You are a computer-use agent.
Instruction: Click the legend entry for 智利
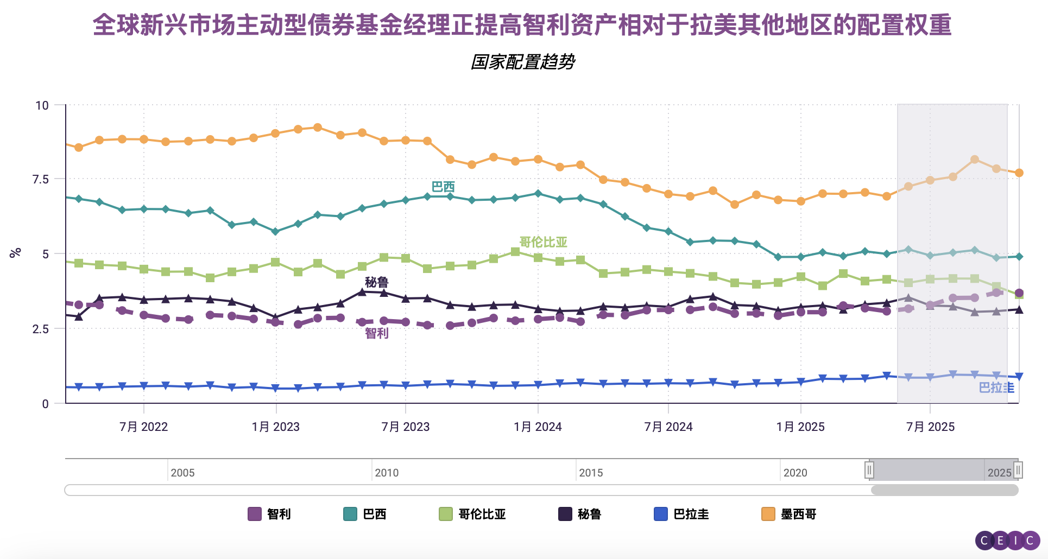tap(270, 514)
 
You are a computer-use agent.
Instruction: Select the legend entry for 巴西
tap(365, 514)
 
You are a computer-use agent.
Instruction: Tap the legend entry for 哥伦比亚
tap(472, 514)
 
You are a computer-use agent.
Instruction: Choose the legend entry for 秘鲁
tap(580, 514)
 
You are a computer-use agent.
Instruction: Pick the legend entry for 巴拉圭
tap(681, 514)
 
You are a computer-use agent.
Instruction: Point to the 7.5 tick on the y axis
tap(41, 180)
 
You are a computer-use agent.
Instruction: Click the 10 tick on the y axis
tap(42, 105)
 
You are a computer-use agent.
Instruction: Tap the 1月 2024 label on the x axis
tap(538, 427)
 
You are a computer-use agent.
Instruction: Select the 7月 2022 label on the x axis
tap(143, 427)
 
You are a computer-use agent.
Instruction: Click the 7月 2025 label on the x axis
tap(930, 427)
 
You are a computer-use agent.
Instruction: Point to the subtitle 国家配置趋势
tap(522, 62)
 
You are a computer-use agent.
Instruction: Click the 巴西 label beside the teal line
tap(443, 187)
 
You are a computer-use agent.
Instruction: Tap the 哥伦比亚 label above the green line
tap(543, 242)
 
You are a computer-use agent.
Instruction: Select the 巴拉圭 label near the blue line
tap(996, 388)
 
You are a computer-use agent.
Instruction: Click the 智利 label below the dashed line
tap(376, 333)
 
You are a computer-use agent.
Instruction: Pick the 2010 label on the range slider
tap(387, 473)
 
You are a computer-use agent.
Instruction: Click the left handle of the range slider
tap(869, 470)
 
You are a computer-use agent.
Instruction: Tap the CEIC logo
tap(1007, 541)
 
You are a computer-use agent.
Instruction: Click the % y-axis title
tap(15, 252)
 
